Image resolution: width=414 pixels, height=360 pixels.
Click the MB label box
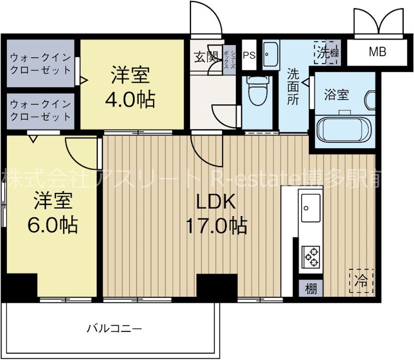pos(377,52)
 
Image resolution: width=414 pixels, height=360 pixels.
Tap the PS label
pos(249,54)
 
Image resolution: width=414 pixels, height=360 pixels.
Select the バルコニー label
pos(114,327)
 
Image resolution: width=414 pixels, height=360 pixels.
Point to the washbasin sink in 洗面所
pos(271,54)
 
